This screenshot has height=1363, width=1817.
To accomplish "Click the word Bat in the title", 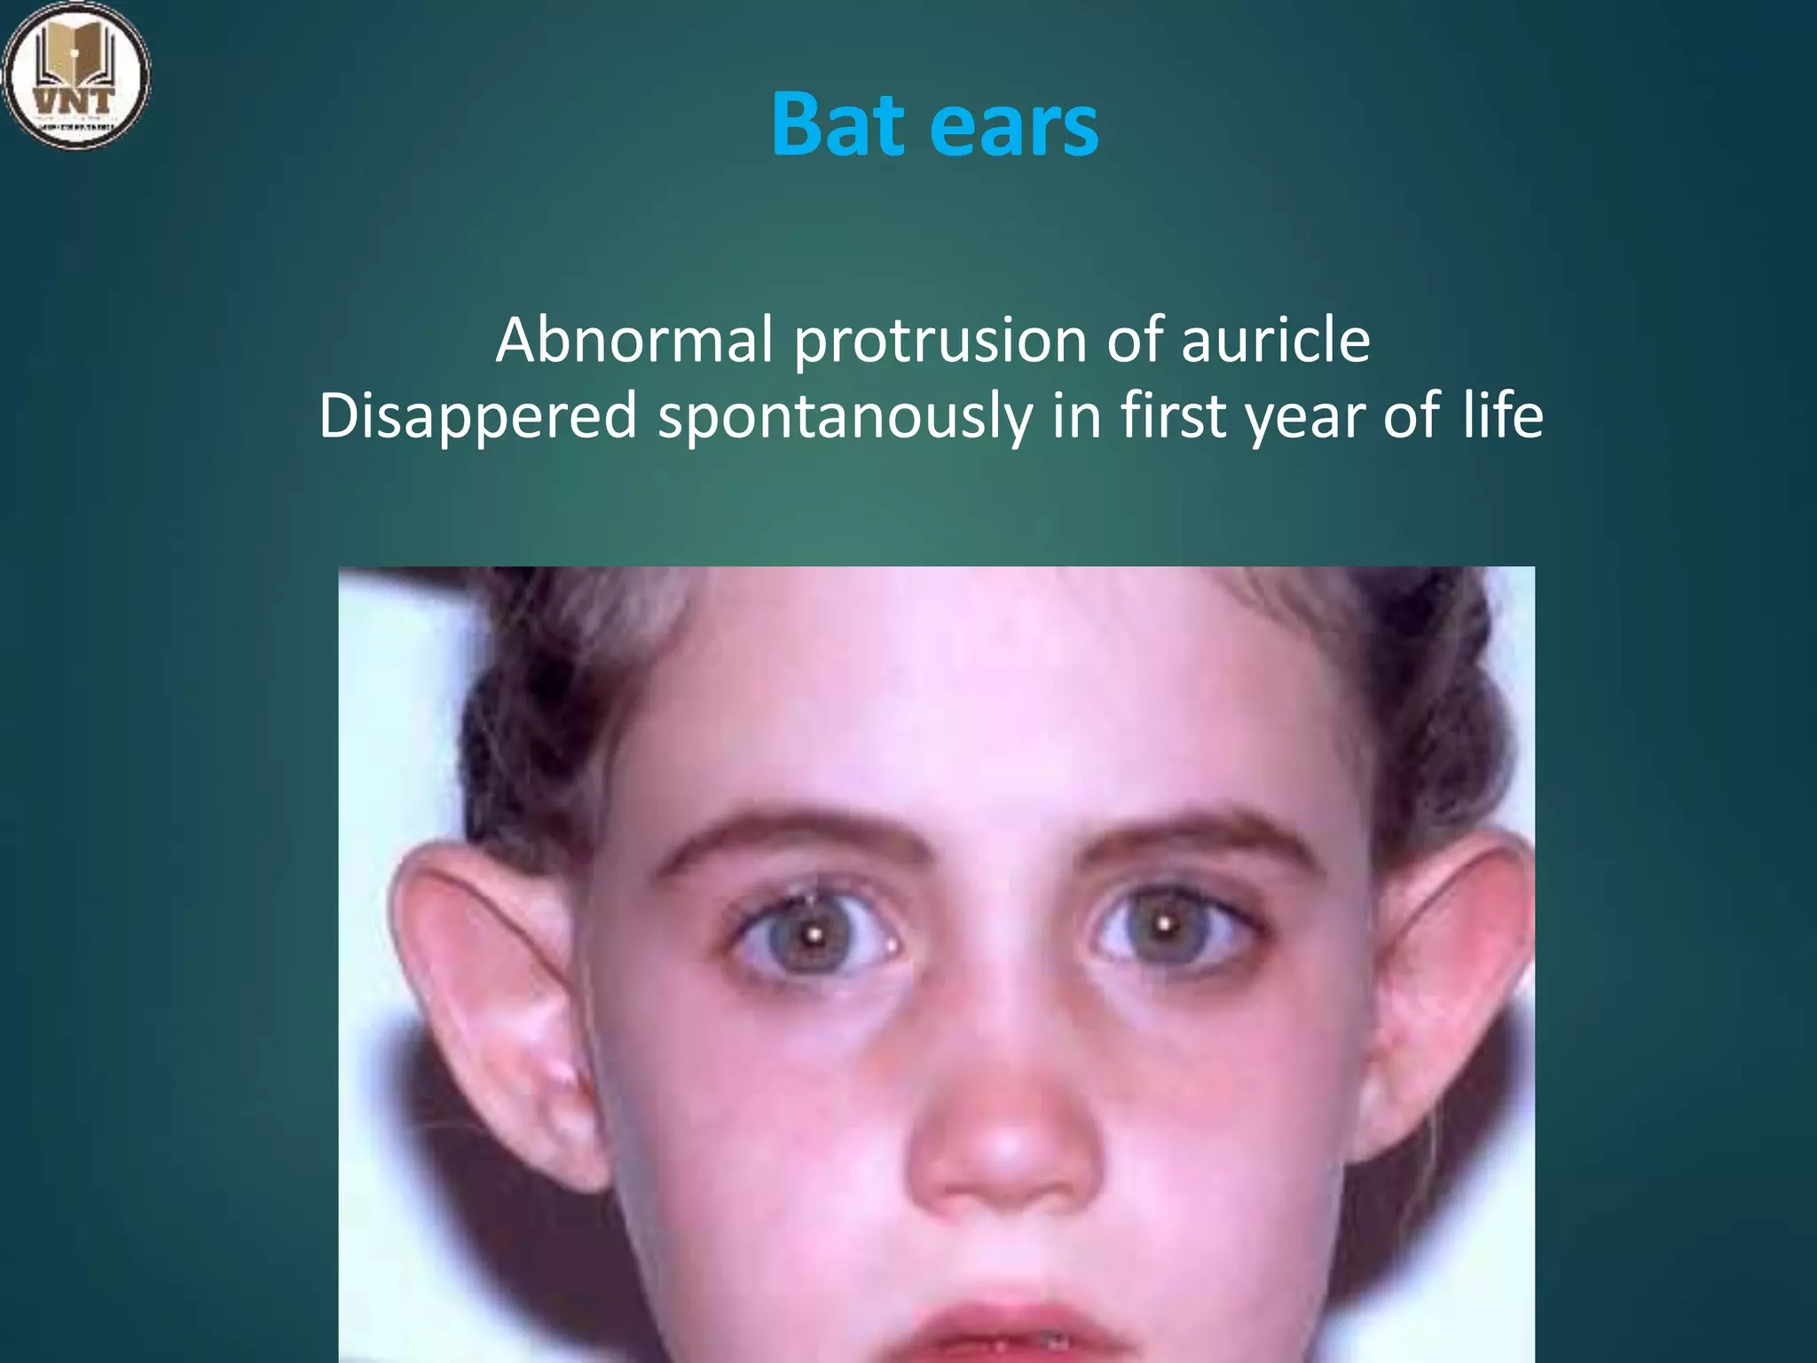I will tap(838, 125).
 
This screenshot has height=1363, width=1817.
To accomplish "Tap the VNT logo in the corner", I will tap(76, 75).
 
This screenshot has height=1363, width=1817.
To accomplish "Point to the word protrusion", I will tap(940, 342).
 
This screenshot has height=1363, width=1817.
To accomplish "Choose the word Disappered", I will tap(477, 416).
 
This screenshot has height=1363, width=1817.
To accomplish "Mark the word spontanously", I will tap(845, 418).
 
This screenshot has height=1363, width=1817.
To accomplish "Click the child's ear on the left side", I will tap(497, 1003).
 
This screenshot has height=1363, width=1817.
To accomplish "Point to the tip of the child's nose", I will tap(1003, 1154).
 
